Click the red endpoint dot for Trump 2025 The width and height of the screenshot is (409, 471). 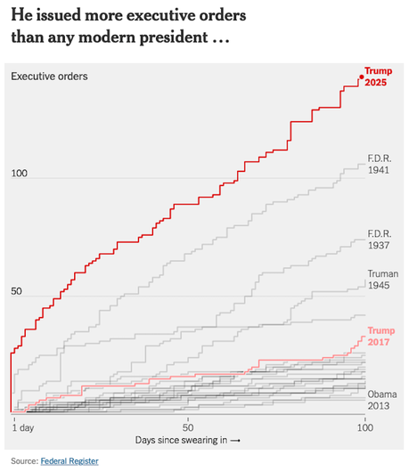pyautogui.click(x=361, y=77)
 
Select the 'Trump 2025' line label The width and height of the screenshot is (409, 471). pyautogui.click(x=378, y=77)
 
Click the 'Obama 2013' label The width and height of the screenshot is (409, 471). pyautogui.click(x=381, y=399)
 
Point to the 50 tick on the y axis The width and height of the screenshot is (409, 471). pyautogui.click(x=17, y=291)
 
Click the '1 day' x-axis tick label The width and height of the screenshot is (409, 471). pyautogui.click(x=23, y=428)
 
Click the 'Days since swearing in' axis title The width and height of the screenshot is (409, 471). pyautogui.click(x=188, y=441)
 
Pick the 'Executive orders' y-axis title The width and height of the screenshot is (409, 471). pyautogui.click(x=49, y=77)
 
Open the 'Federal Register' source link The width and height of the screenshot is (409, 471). pyautogui.click(x=70, y=460)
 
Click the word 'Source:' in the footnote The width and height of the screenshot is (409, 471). pyautogui.click(x=24, y=460)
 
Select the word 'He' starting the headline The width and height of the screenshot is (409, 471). pyautogui.click(x=21, y=17)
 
